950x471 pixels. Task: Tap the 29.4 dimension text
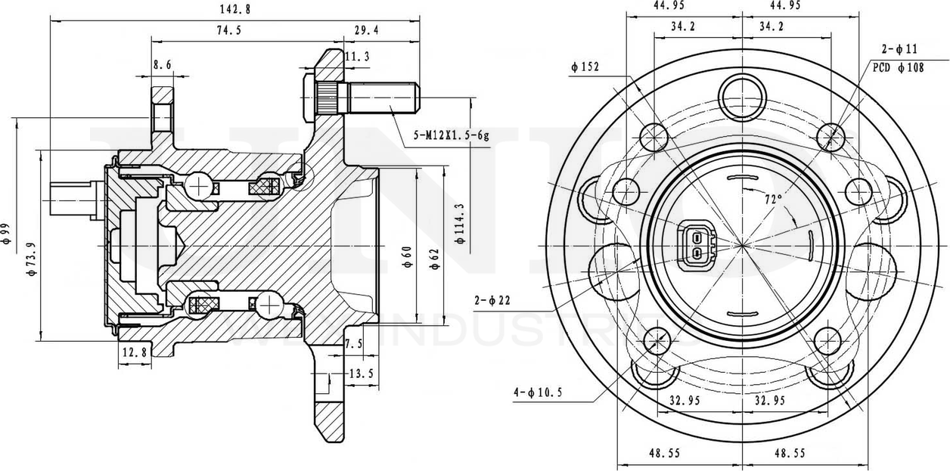366,30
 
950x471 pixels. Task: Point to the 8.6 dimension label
161,66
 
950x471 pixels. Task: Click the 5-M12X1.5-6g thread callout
451,137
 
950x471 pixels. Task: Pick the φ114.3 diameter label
460,223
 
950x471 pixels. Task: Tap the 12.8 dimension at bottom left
132,352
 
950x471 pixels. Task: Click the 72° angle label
772,200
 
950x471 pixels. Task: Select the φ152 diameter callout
585,67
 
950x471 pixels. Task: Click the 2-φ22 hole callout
492,301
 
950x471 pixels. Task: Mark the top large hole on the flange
742,96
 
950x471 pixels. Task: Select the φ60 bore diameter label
406,257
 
